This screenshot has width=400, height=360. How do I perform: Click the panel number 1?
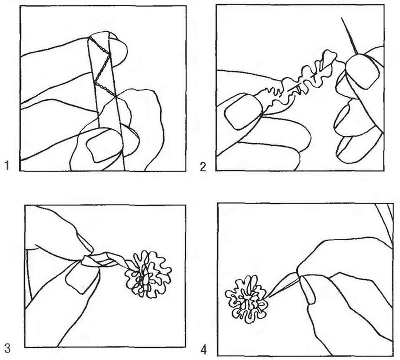point(7,166)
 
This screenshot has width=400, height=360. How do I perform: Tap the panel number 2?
point(203,167)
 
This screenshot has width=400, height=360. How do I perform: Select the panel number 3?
point(7,348)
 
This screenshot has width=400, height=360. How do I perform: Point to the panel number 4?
point(204,350)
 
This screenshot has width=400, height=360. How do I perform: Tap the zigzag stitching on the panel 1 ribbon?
point(102,69)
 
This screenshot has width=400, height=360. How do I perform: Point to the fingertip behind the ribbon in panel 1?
point(117,50)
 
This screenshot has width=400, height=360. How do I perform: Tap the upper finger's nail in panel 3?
point(85,241)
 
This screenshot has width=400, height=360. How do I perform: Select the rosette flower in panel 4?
point(246,299)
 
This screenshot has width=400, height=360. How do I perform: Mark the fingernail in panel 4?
point(308,290)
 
